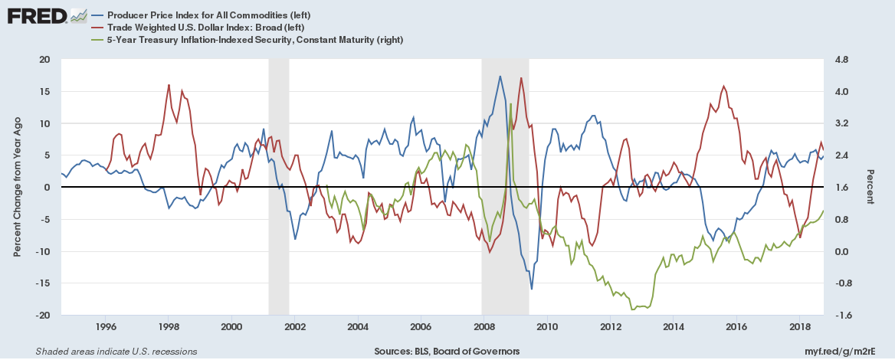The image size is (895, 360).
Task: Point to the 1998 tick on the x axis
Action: tap(169, 327)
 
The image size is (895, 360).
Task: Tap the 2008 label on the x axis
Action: tap(484, 327)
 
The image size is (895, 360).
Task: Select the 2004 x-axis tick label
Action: tap(358, 327)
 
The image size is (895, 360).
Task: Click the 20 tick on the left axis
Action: tap(44, 59)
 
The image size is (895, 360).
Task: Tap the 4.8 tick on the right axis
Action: tap(844, 59)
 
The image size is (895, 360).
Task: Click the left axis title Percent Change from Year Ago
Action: tap(18, 187)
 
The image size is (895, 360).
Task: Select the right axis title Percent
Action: tap(870, 187)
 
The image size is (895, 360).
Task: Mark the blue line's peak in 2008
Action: tap(500, 76)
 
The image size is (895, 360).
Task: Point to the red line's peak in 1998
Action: tap(169, 84)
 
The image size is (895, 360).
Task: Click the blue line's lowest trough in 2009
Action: tap(532, 289)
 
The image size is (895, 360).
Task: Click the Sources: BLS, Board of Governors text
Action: tap(447, 352)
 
